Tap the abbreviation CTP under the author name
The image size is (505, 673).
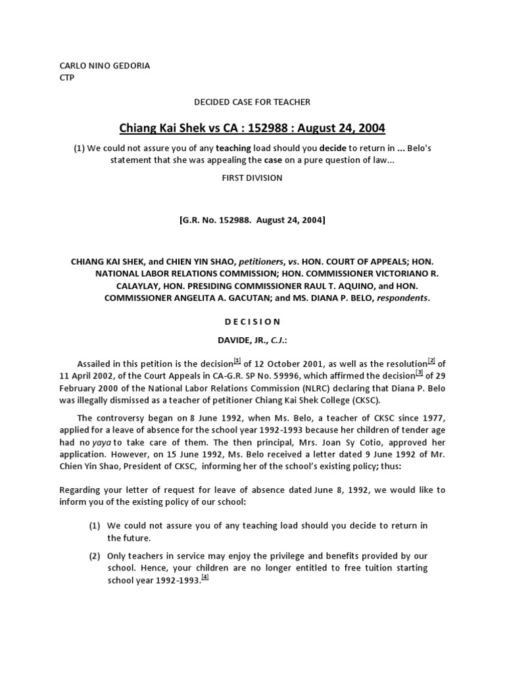pyautogui.click(x=67, y=78)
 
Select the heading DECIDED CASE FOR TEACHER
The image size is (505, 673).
pyautogui.click(x=252, y=102)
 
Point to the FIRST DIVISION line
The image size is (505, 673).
pyautogui.click(x=252, y=177)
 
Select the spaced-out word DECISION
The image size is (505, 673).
pyautogui.click(x=252, y=321)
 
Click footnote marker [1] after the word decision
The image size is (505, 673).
pyautogui.click(x=237, y=360)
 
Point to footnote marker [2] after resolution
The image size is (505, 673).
pyautogui.click(x=431, y=360)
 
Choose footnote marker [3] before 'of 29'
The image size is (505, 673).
pyautogui.click(x=419, y=373)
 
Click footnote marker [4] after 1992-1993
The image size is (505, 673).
pyautogui.click(x=205, y=577)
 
